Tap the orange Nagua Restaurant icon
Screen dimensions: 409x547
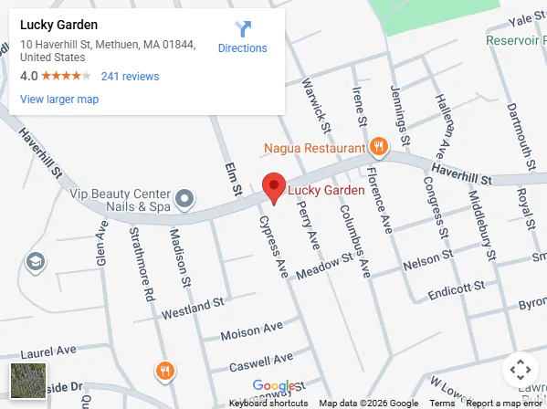tap(378, 147)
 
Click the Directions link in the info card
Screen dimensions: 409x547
tap(242, 37)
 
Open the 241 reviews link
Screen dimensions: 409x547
tap(130, 77)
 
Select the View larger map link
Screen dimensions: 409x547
tap(59, 100)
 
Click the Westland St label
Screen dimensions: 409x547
tap(192, 308)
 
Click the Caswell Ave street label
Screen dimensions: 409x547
tap(262, 361)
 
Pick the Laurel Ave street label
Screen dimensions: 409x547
tap(47, 351)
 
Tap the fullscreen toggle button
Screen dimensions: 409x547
tap(520, 370)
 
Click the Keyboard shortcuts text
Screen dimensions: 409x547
tap(268, 404)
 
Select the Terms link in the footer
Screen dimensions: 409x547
tap(442, 404)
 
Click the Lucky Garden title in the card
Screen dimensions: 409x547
tap(58, 26)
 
